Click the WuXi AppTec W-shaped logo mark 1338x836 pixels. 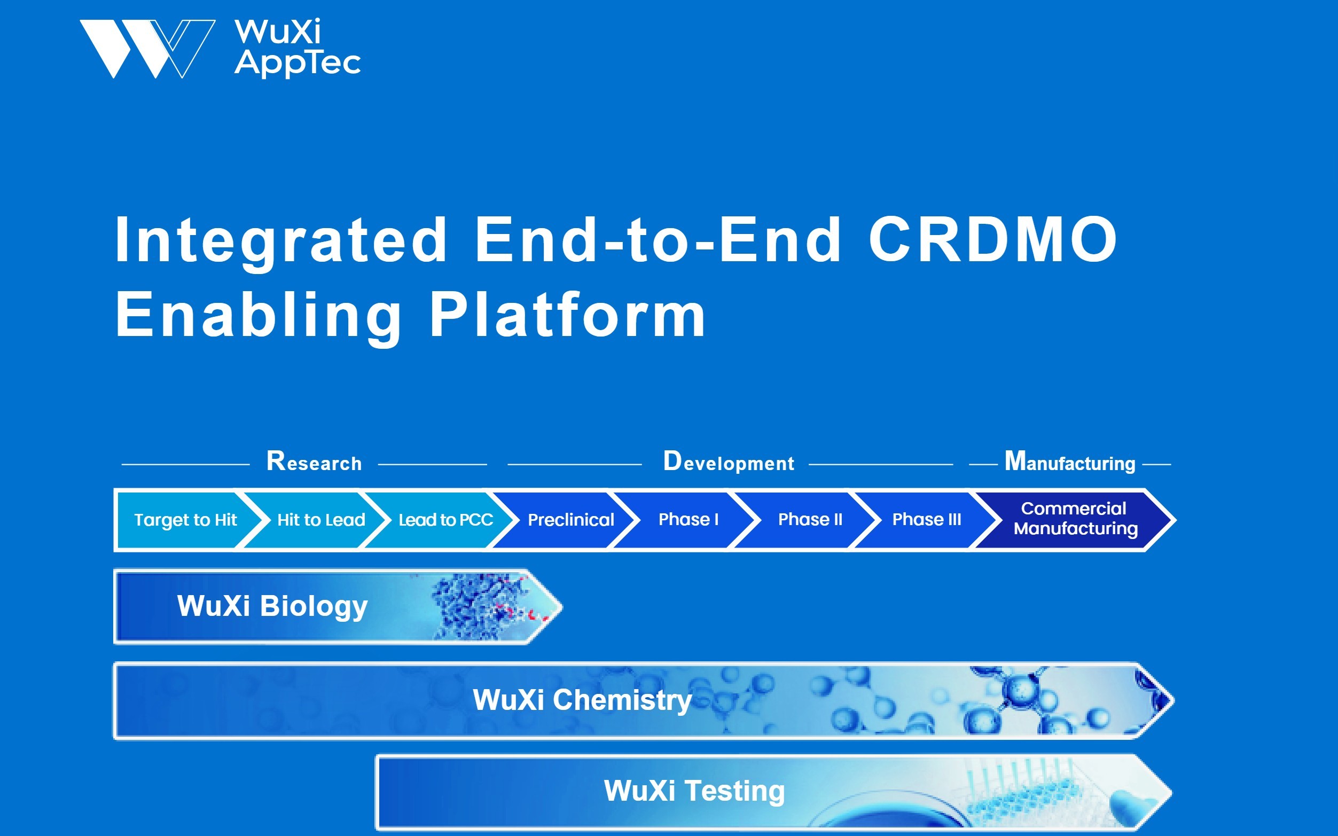coord(146,49)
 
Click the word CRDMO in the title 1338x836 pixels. coord(992,239)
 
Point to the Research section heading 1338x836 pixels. coord(314,462)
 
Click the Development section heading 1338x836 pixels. coord(728,462)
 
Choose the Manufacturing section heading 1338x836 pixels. coord(1069,462)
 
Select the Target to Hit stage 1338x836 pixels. coord(185,520)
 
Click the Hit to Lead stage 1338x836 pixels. coord(320,520)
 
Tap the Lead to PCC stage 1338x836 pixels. coord(445,520)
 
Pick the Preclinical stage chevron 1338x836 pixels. coord(570,520)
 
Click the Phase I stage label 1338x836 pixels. coord(688,520)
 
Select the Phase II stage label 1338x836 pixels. coord(810,520)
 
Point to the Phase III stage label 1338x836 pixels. coord(927,520)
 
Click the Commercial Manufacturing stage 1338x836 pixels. coord(1075,519)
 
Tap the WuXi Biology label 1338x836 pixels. coord(272,606)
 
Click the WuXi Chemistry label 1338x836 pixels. coord(582,700)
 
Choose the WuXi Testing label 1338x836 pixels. coord(694,791)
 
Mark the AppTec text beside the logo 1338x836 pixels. coord(298,62)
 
